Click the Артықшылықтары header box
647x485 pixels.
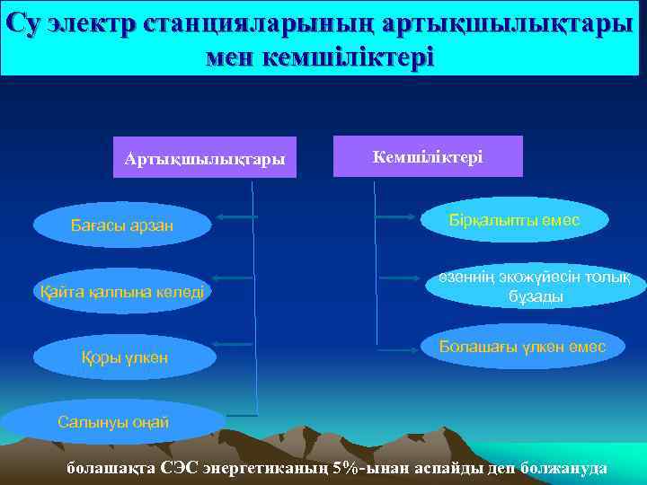coord(205,158)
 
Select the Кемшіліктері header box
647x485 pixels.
coord(428,156)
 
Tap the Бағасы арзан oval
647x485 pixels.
coord(122,225)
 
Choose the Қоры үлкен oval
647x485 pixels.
coord(124,358)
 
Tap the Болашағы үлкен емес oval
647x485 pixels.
coord(522,347)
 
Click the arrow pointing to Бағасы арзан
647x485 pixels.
coord(236,217)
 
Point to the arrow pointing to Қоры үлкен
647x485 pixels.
coord(236,344)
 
